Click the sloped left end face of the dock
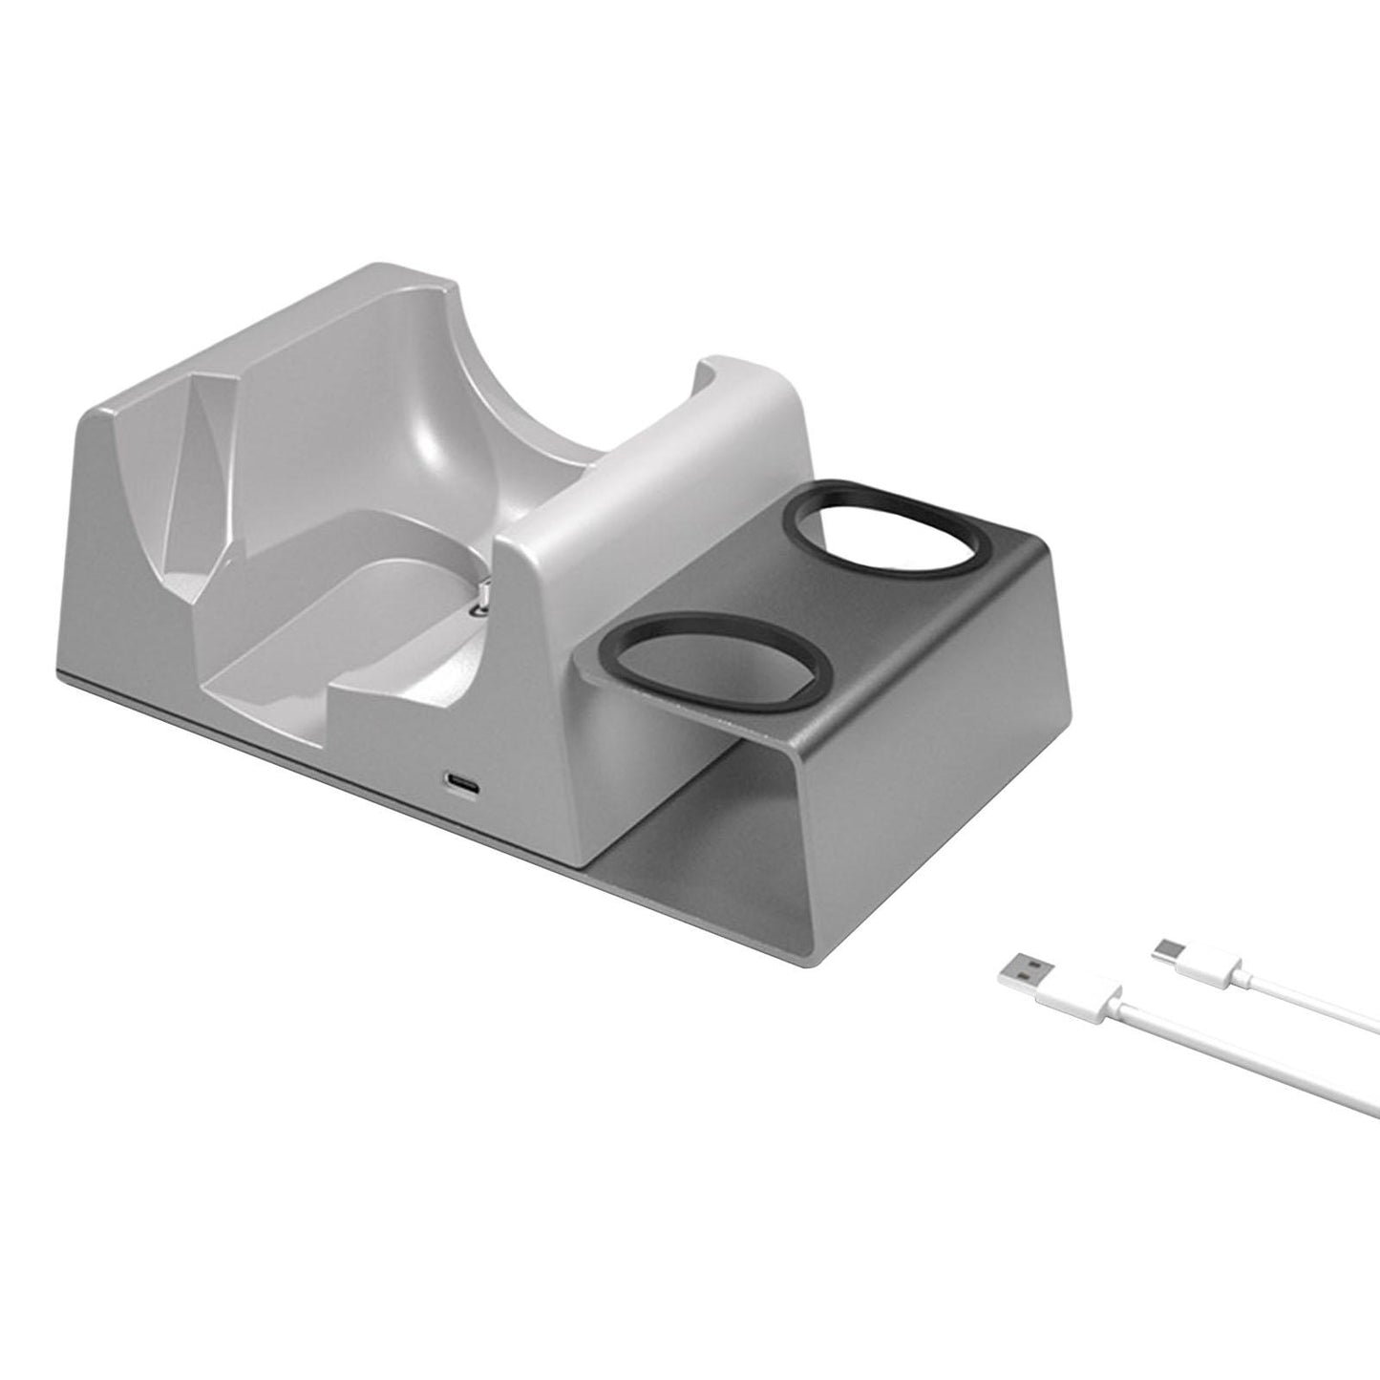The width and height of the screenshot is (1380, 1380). pyautogui.click(x=124, y=544)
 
